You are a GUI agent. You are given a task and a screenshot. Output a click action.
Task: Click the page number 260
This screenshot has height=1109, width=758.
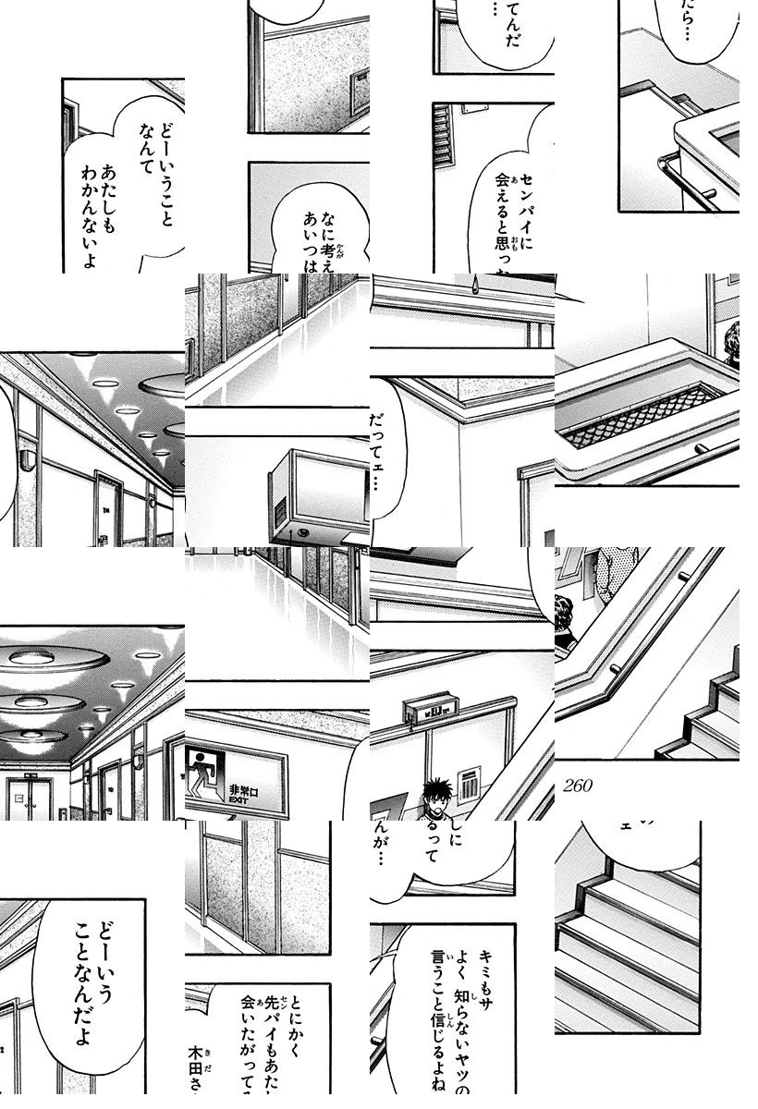pyautogui.click(x=576, y=786)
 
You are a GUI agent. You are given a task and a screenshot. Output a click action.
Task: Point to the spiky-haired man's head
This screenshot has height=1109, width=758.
pyautogui.click(x=434, y=793)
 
